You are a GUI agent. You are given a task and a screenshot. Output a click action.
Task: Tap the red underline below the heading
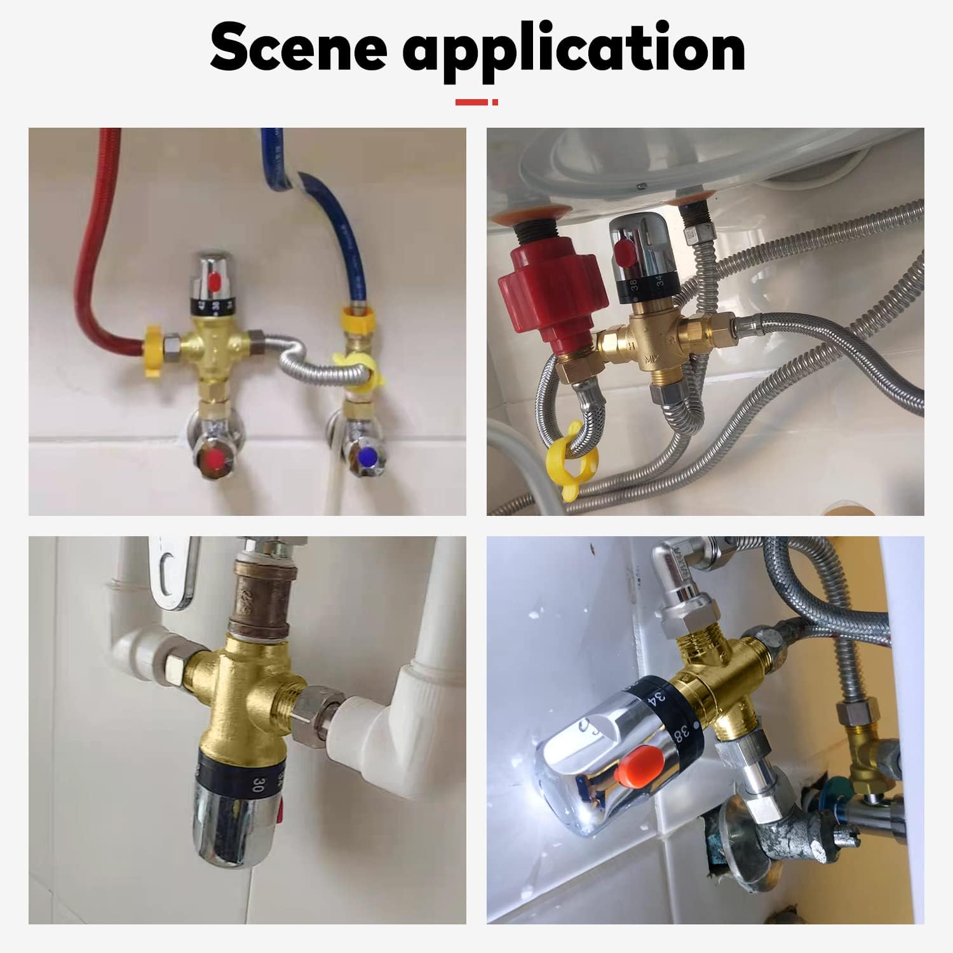(476, 102)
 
